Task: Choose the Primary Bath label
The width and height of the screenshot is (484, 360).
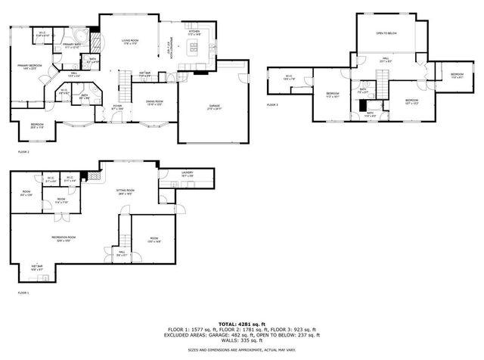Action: (x=73, y=47)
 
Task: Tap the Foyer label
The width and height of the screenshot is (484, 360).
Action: (x=118, y=107)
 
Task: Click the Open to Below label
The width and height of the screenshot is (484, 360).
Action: (x=386, y=34)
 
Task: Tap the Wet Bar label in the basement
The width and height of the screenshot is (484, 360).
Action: (x=36, y=267)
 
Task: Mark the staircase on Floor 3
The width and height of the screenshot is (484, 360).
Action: (x=383, y=75)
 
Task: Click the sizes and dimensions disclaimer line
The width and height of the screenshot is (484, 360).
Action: (x=242, y=351)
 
